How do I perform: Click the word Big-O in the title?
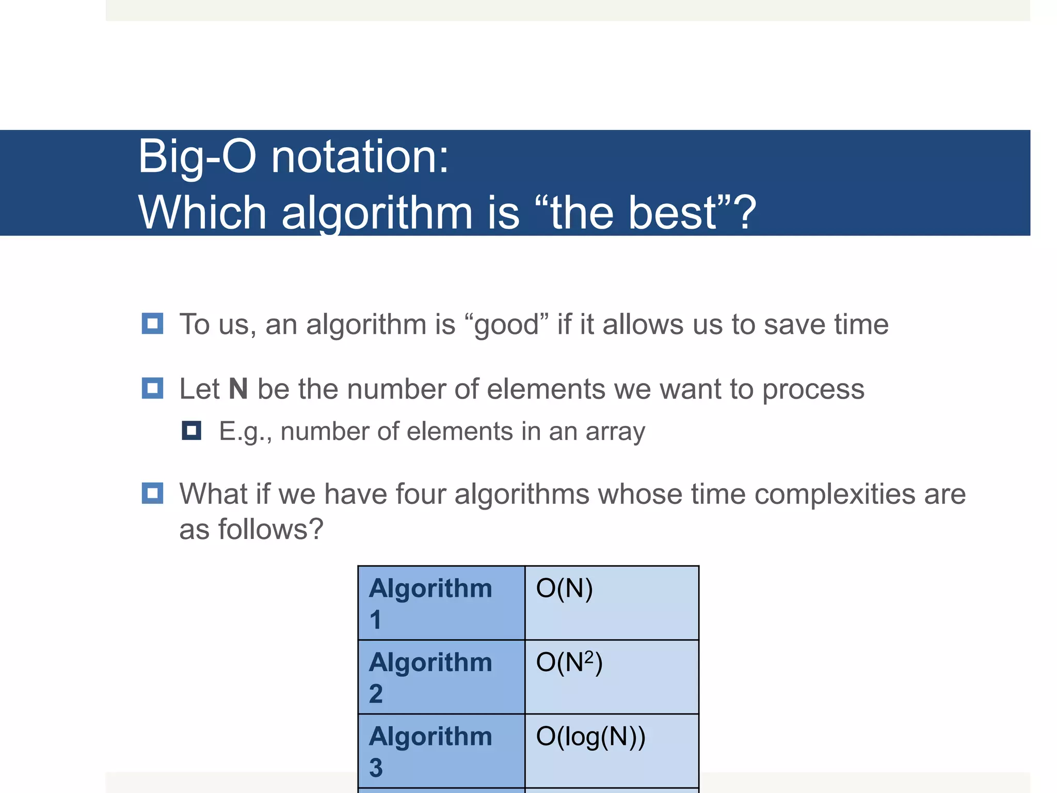[197, 156]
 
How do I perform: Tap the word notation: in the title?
[360, 156]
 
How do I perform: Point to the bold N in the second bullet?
[238, 389]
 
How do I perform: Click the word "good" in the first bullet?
[506, 325]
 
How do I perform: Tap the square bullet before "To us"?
[152, 324]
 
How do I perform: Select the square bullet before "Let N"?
[152, 388]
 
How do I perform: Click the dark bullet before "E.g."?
[191, 431]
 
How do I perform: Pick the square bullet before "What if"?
[152, 493]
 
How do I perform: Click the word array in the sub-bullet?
[615, 432]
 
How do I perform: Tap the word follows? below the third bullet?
[271, 529]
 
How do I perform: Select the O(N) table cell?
[612, 602]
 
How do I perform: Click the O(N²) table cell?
[612, 676]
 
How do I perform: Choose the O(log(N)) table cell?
[612, 750]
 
